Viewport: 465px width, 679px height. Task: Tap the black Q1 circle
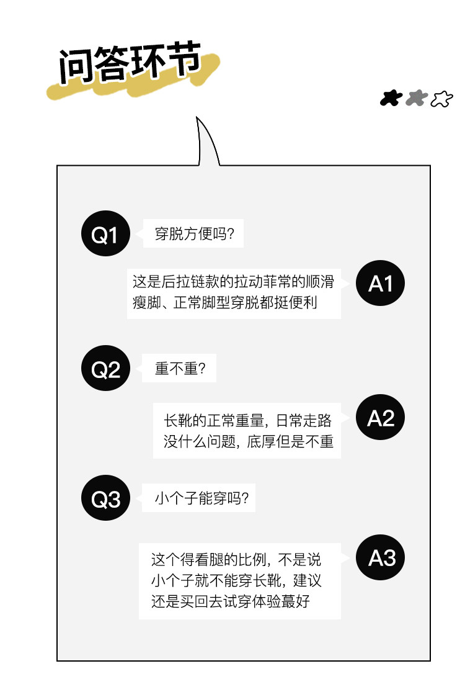[x=105, y=233]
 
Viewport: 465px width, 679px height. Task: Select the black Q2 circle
[x=105, y=368]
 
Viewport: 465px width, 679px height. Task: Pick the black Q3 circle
[x=105, y=498]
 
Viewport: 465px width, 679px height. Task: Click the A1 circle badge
[x=380, y=283]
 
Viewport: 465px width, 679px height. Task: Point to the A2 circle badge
[x=380, y=418]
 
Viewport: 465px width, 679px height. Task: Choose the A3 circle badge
[x=380, y=557]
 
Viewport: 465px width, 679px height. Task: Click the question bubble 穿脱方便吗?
[x=193, y=233]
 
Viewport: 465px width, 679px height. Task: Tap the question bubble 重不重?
[x=179, y=368]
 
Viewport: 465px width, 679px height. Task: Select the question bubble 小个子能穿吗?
[x=199, y=498]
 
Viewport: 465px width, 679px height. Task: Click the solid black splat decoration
[x=391, y=98]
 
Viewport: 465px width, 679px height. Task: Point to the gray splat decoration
[x=416, y=98]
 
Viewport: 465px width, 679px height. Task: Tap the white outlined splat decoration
[x=441, y=99]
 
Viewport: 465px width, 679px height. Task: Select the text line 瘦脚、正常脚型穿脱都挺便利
[x=225, y=302]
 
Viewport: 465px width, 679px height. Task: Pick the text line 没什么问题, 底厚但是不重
[x=248, y=441]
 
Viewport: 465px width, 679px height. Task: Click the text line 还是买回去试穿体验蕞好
[x=231, y=601]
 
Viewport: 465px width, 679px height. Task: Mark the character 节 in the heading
[x=183, y=58]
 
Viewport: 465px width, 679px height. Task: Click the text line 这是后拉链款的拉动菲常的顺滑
[x=233, y=282]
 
